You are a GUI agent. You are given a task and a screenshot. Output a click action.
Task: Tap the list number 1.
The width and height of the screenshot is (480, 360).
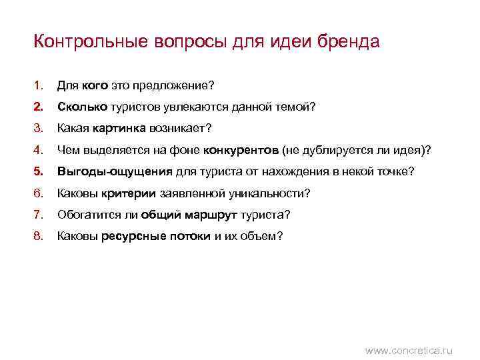37,85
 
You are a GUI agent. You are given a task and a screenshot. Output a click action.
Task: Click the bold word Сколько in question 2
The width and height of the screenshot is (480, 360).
79,107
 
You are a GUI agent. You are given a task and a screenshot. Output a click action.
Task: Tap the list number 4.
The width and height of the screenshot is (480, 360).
37,150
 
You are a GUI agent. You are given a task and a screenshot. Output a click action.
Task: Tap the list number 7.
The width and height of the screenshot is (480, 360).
37,215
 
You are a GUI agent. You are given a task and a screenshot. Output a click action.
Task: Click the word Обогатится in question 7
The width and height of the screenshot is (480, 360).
84,215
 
